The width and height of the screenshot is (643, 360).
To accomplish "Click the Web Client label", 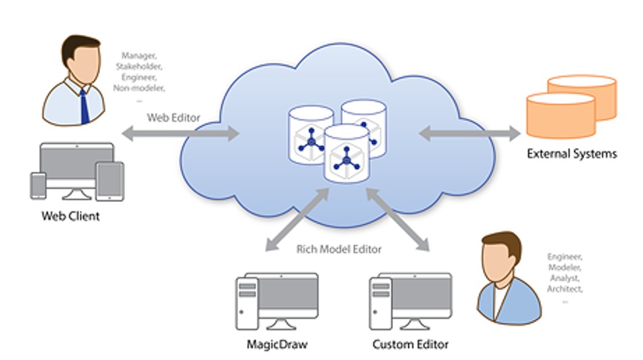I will tap(71, 216).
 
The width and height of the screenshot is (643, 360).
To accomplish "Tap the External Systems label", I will tap(571, 154).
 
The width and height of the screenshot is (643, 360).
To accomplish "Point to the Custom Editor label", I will tap(410, 345).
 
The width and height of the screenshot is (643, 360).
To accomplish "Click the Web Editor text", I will tap(174, 118).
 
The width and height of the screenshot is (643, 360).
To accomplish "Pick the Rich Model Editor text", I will tap(339, 249).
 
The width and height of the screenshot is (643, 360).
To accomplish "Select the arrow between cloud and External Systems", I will tap(469, 133).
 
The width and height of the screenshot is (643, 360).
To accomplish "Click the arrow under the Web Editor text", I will tap(181, 134).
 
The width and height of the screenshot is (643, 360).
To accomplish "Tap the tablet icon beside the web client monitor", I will tap(109, 181).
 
